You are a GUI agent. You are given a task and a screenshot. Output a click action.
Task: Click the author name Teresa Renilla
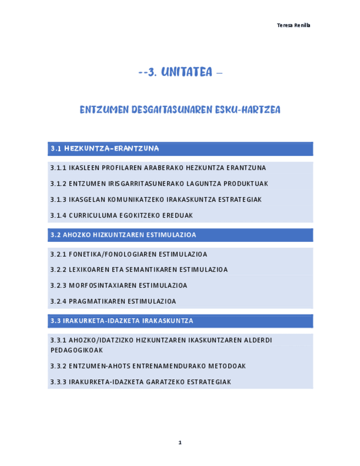(293, 25)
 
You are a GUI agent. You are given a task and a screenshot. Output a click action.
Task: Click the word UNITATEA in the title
(187, 73)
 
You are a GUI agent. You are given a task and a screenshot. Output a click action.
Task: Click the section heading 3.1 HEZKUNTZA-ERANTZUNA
(104, 148)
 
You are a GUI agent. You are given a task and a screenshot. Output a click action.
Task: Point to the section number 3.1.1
(58, 168)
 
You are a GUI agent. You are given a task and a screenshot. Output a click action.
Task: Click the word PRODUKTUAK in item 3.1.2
(248, 184)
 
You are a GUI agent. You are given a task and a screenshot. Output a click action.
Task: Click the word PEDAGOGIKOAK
(76, 350)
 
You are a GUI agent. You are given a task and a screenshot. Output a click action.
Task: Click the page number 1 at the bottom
(180, 442)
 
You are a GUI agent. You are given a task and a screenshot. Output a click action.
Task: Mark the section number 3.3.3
(58, 382)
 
